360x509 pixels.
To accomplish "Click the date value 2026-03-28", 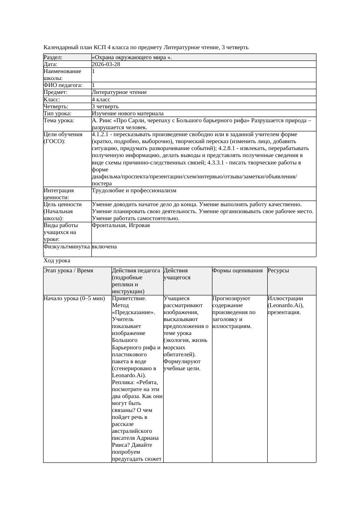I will click(106, 64).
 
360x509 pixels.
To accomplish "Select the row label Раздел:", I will click(53, 57).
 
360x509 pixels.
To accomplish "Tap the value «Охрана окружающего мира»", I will click(132, 57).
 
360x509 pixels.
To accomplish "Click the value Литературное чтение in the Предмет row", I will click(119, 92).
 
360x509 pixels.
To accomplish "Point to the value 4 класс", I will click(101, 99).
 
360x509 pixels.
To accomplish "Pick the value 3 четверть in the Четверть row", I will click(105, 106).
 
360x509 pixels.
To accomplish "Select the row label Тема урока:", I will click(59, 121).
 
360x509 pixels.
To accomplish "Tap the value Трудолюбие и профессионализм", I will click(134, 191).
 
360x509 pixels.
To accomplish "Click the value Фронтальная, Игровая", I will click(121, 225).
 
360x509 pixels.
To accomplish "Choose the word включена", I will click(104, 247).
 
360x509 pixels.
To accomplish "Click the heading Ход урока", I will click(57, 260).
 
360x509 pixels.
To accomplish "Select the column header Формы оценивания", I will click(237, 271).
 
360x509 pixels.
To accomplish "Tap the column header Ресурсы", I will click(278, 271).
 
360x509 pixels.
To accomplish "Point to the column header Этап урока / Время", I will click(68, 271).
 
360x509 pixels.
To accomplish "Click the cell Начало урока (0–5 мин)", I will click(74, 298).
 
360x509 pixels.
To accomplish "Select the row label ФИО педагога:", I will click(63, 85).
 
